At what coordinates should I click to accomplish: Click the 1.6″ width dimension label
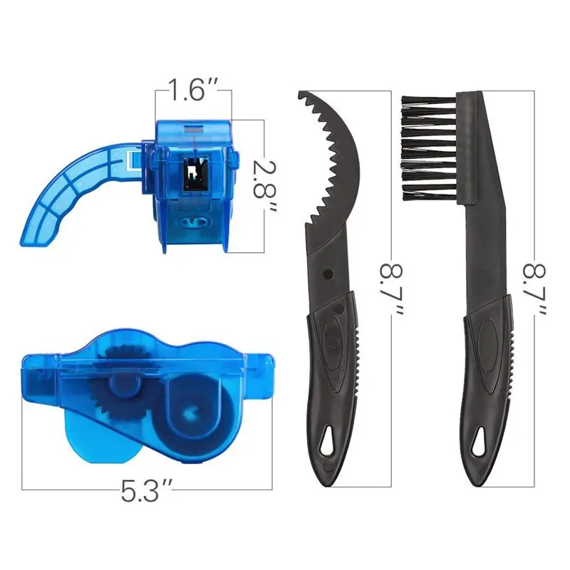[x=193, y=90]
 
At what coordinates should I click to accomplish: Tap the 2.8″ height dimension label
[x=264, y=185]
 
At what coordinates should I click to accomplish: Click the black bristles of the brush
[x=429, y=148]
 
